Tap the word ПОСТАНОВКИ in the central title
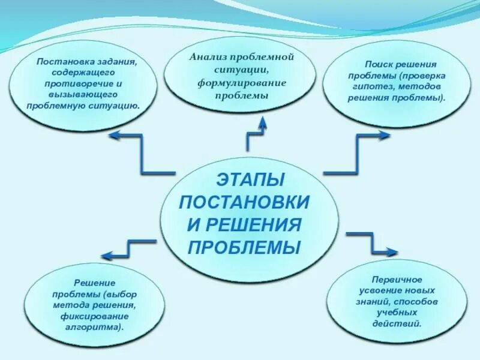(244, 202)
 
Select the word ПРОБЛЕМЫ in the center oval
(244, 247)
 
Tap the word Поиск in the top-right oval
(380, 64)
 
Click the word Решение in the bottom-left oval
(95, 283)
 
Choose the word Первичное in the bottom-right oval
(397, 280)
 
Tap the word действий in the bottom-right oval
(397, 323)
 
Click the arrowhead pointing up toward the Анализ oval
(262, 124)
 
